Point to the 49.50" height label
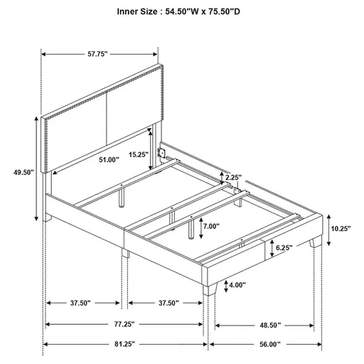click(24, 171)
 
